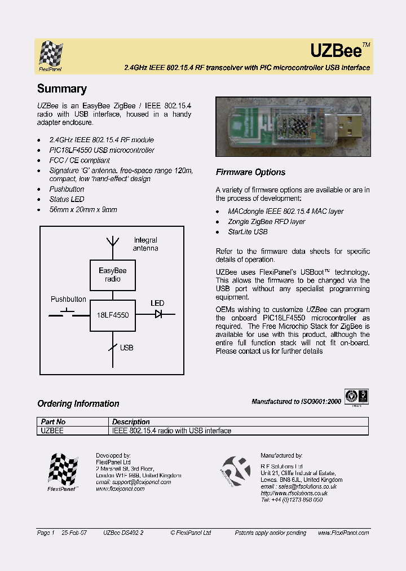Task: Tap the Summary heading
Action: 62,89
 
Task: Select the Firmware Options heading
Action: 250,172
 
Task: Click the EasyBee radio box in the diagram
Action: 113,275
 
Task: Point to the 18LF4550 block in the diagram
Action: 113,315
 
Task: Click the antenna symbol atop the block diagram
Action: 113,243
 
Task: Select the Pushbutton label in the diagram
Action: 68,299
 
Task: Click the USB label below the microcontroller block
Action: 126,348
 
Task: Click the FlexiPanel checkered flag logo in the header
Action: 51,55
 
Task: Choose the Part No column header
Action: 53,421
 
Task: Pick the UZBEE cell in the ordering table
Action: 52,431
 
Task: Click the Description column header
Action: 131,421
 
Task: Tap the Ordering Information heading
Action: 78,403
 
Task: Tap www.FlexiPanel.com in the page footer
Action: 343,533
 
